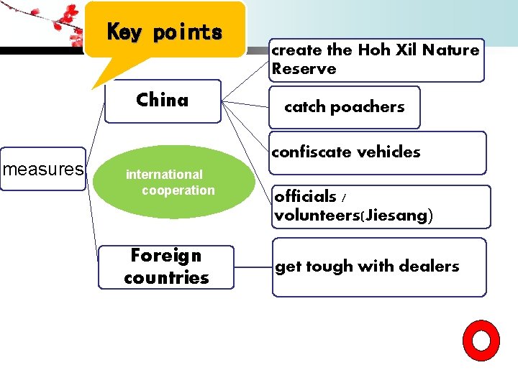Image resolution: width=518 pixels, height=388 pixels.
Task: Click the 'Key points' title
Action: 165,32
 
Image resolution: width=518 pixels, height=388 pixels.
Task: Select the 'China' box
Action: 163,101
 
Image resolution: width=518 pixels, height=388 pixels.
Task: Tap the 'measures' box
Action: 42,170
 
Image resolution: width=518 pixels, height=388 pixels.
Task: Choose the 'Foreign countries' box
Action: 166,267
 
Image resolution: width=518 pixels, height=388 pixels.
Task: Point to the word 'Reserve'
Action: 304,69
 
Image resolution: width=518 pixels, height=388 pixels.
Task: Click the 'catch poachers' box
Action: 344,107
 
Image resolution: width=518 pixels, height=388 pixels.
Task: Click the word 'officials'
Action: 305,196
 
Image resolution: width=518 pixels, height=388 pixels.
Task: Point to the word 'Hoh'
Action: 373,50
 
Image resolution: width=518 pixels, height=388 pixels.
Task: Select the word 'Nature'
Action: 451,50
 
